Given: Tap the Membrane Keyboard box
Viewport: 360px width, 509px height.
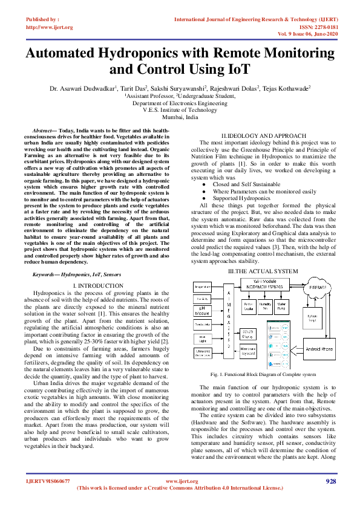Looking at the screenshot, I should (x=247, y=351).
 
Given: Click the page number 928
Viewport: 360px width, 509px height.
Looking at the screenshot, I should (x=330, y=481).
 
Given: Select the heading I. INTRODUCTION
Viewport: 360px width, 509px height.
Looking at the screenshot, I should (x=97, y=285).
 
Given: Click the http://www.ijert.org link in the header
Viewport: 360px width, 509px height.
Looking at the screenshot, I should (x=50, y=27).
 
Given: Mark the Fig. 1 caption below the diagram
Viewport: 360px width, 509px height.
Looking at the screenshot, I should (x=263, y=375).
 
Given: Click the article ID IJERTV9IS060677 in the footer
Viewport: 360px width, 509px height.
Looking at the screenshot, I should (x=47, y=481).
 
